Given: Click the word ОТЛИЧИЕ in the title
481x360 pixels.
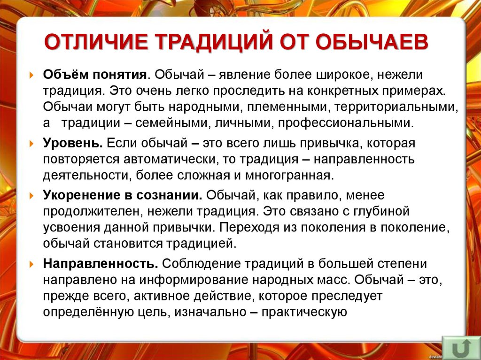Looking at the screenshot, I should pyautogui.click(x=94, y=41).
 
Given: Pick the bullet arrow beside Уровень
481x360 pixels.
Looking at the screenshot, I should pyautogui.click(x=31, y=143).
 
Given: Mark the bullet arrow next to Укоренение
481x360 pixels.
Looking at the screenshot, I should pyautogui.click(x=31, y=194).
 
